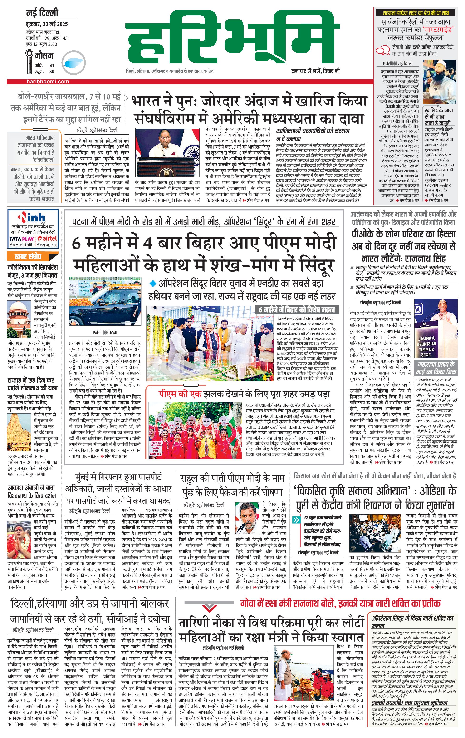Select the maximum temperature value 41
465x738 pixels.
pyautogui.click(x=52, y=65)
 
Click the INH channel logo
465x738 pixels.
pyautogui.click(x=33, y=218)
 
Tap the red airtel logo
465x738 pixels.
pyautogui.click(x=47, y=239)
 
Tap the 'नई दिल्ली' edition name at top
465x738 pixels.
pyautogui.click(x=42, y=13)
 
